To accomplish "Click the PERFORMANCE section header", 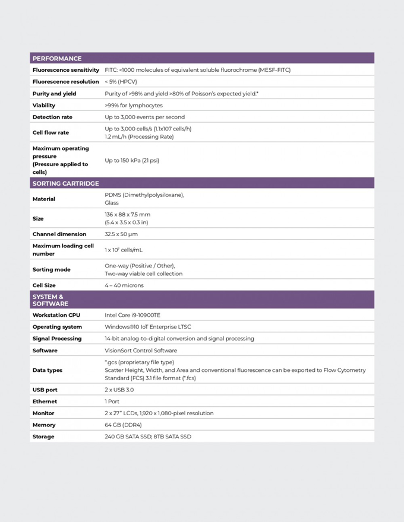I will coord(57,59).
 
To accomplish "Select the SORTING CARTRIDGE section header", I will coord(65,183).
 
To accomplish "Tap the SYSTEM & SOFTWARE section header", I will coord(50,300).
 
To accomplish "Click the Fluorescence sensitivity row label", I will coord(66,70).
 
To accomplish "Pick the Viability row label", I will coord(44,106).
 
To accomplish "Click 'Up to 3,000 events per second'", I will coord(144,117).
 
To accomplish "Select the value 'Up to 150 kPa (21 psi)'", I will coord(132,160).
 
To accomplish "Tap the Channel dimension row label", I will coord(59,234).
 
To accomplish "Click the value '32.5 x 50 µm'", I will coord(121,234).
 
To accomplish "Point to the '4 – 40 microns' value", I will coord(124,285).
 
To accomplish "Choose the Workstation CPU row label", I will coord(56,316).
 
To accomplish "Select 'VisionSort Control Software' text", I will coord(141,351).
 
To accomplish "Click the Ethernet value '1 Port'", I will coord(112,402).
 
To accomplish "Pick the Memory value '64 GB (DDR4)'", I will coord(123,425).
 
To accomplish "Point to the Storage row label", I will coord(43,437).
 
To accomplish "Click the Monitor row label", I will coord(43,413).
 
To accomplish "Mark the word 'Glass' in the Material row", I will coord(112,203).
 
